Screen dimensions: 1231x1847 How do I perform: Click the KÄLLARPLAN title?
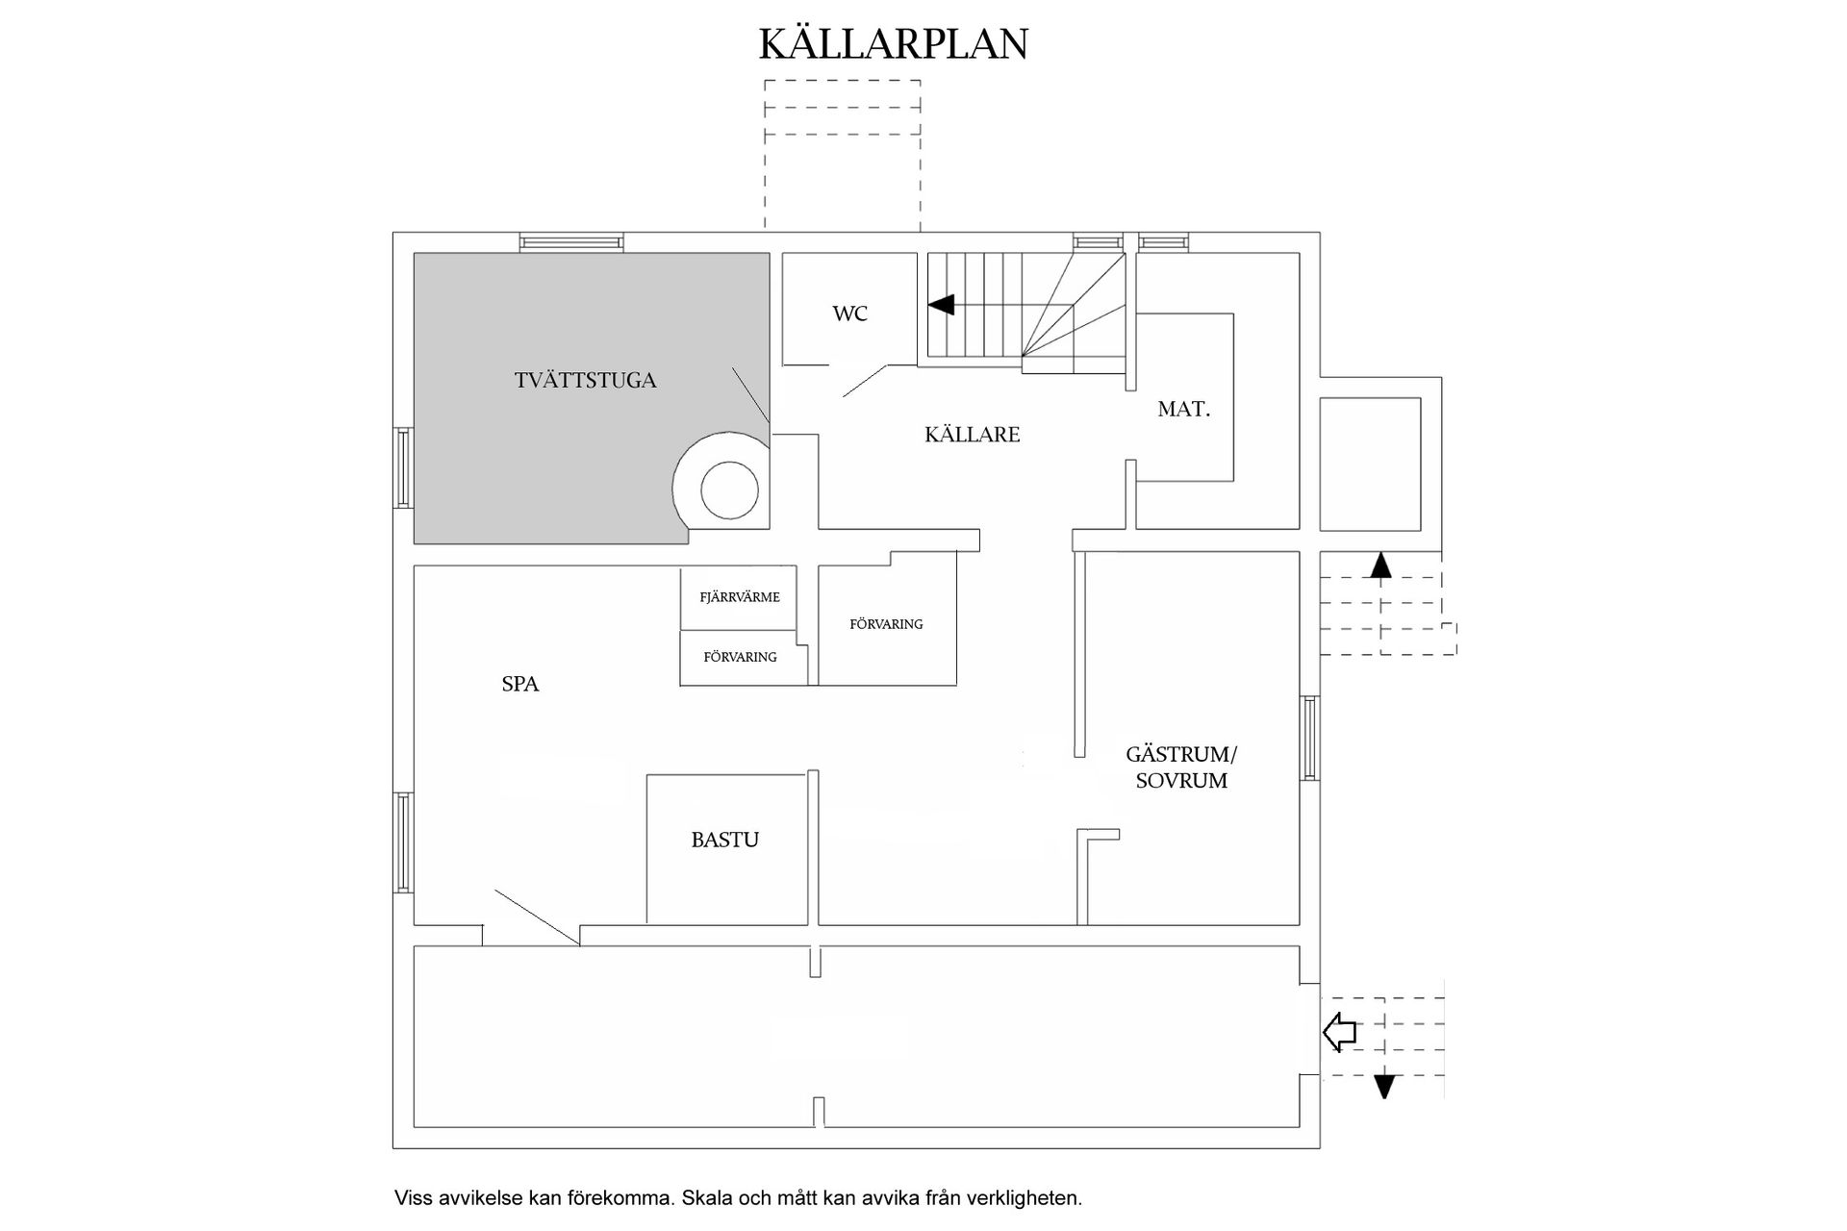[x=894, y=44]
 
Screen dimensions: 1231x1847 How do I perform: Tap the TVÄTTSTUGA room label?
[x=585, y=381]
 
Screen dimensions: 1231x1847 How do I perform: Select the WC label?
[x=849, y=314]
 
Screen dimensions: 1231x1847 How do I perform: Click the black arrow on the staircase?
[x=941, y=305]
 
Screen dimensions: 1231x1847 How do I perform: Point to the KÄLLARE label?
[x=972, y=435]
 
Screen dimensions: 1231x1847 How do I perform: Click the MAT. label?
[x=1183, y=410]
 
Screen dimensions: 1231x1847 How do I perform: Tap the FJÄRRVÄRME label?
[x=740, y=597]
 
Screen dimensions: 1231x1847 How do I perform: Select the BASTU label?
[x=724, y=841]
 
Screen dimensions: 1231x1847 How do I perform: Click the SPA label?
[x=519, y=685]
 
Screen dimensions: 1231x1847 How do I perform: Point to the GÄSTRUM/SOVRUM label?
[x=1181, y=767]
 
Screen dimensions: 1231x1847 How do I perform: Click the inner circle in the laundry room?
[x=729, y=490]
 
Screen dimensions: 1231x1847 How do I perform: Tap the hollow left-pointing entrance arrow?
[x=1339, y=1033]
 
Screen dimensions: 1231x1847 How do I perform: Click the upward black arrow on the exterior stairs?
[x=1380, y=565]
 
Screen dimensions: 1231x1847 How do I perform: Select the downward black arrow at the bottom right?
[x=1383, y=1086]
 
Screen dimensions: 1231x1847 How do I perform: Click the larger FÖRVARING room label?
[x=886, y=624]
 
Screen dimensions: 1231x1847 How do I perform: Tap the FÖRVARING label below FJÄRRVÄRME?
[x=740, y=658]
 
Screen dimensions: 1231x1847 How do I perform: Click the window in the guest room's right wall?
[x=1309, y=739]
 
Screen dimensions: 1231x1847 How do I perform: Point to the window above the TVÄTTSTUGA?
[x=571, y=242]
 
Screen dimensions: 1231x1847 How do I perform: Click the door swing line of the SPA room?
[x=536, y=917]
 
